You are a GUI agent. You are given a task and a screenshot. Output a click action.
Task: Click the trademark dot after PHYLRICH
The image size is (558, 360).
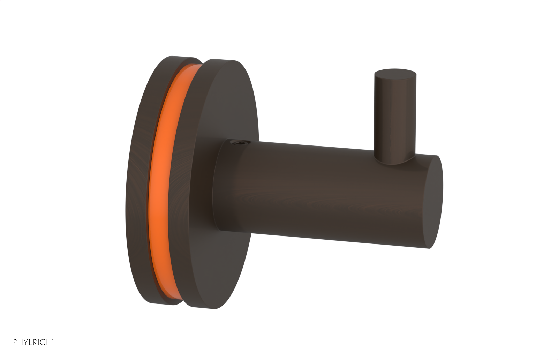point(52,339)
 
